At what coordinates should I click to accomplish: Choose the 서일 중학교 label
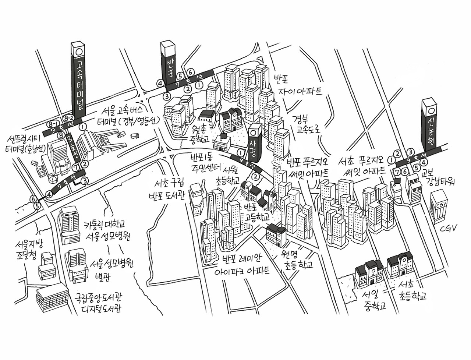[x=373, y=300]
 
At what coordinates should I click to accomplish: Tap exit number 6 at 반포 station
[x=190, y=73]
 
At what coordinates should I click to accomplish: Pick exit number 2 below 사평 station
[x=255, y=176]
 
